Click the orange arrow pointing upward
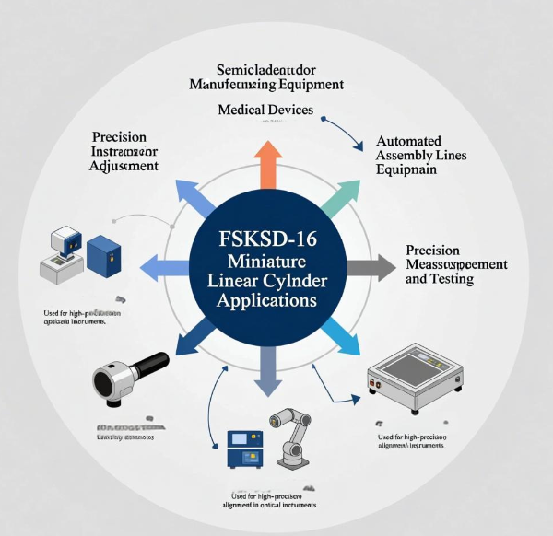coord(268,164)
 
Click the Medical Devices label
coord(265,110)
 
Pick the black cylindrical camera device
coord(129,376)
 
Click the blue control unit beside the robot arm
coord(241,447)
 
